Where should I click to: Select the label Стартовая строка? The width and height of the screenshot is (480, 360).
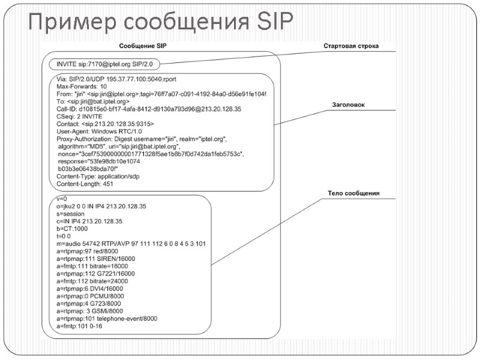[351, 46]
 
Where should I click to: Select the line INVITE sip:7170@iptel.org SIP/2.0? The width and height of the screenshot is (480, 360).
[105, 63]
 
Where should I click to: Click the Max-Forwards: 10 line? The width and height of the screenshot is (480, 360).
[82, 86]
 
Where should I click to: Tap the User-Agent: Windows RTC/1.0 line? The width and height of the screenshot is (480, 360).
[99, 131]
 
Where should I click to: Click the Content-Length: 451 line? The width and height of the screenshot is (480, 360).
[85, 184]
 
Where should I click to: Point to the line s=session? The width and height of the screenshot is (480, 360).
[70, 214]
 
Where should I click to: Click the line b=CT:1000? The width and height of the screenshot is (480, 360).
[72, 229]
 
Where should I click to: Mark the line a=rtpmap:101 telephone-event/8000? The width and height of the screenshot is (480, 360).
[107, 319]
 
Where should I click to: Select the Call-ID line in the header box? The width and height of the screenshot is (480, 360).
[149, 109]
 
